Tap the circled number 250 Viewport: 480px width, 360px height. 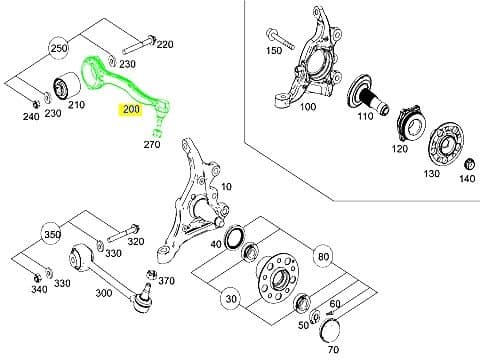58,49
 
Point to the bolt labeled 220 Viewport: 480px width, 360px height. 139,45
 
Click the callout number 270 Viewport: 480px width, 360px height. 152,144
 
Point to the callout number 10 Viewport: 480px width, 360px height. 226,187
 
